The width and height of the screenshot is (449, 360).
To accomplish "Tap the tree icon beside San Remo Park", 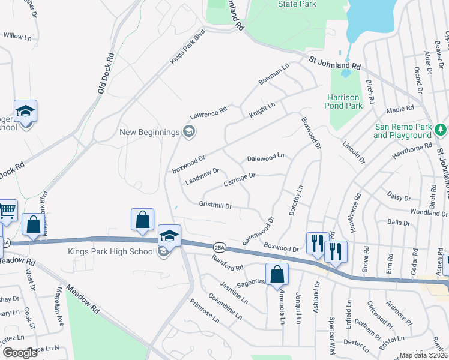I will pyautogui.click(x=441, y=130).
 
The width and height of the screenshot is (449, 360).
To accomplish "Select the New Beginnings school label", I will pyautogui.click(x=150, y=132).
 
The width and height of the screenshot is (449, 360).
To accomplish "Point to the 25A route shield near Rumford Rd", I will pyautogui.click(x=219, y=246).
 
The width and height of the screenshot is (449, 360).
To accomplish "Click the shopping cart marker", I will pyautogui.click(x=7, y=211).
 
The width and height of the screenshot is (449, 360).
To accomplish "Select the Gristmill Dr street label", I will pyautogui.click(x=215, y=205).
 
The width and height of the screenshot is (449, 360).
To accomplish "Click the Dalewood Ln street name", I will pyautogui.click(x=265, y=157).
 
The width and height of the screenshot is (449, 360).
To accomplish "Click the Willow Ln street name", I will pyautogui.click(x=17, y=36).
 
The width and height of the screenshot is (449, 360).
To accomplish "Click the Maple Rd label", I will pyautogui.click(x=400, y=109).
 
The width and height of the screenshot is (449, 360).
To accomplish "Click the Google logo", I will pyautogui.click(x=20, y=353).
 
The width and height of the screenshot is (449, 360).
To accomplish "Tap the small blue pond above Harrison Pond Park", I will pyautogui.click(x=346, y=74).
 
